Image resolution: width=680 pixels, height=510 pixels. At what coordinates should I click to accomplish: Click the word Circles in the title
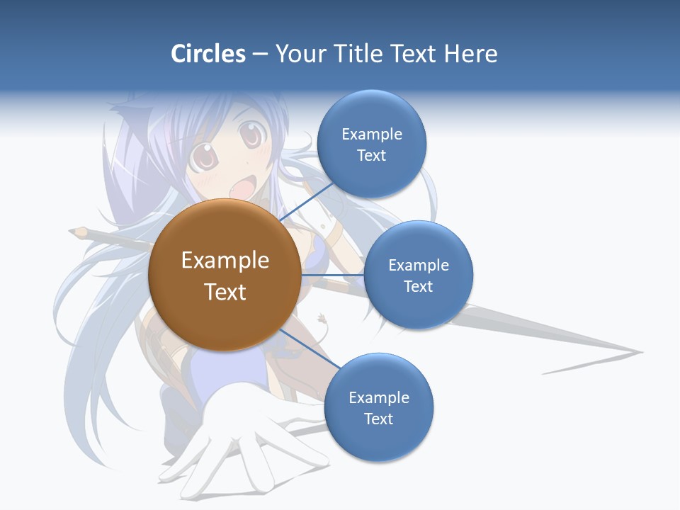pyautogui.click(x=208, y=54)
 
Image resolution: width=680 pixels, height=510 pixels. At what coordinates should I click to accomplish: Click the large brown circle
pyautogui.click(x=225, y=275)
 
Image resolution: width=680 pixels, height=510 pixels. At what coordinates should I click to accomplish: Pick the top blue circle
pyautogui.click(x=371, y=144)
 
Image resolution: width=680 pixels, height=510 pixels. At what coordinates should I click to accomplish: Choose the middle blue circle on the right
pyautogui.click(x=418, y=276)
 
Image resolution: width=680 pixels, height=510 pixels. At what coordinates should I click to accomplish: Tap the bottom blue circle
pyautogui.click(x=378, y=408)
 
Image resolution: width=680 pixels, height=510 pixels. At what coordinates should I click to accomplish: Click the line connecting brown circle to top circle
pyautogui.click(x=306, y=202)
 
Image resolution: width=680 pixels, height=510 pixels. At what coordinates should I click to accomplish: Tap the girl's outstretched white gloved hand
pyautogui.click(x=234, y=439)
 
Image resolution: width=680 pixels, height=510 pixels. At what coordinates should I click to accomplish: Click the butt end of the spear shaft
pyautogui.click(x=75, y=230)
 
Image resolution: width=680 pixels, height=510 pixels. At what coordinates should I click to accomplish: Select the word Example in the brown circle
pyautogui.click(x=225, y=260)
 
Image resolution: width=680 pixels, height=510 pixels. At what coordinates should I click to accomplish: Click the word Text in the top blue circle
pyautogui.click(x=371, y=156)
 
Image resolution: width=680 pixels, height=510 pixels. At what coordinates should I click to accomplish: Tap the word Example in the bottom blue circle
pyautogui.click(x=378, y=397)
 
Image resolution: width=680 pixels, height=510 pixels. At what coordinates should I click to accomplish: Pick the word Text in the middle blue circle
pyautogui.click(x=418, y=286)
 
